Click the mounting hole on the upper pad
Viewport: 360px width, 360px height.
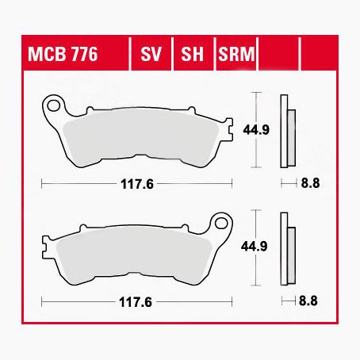pos(54,103)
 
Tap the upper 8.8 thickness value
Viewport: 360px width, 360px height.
pos(309,184)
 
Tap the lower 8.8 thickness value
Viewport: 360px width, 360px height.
pos(309,303)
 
